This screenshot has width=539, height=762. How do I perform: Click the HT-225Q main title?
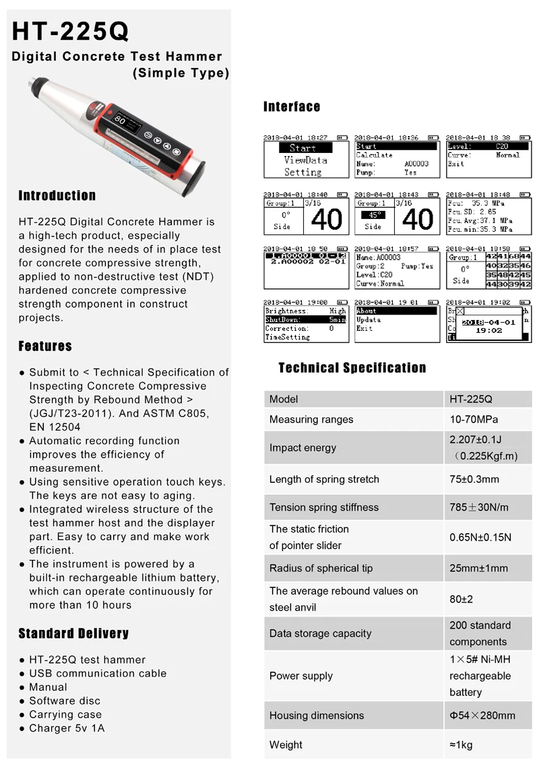coord(71,31)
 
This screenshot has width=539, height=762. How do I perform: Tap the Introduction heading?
coord(57,196)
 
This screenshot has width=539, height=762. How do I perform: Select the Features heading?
coord(45,346)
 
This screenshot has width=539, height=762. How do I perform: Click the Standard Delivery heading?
coord(73,633)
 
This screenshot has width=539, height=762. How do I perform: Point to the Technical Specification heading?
coord(352,368)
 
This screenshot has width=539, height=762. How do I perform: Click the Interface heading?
coord(292,106)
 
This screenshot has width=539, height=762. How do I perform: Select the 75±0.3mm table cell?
coord(474,480)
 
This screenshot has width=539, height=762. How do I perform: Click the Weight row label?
coord(286,745)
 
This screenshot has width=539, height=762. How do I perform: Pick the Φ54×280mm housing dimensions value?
coord(482,716)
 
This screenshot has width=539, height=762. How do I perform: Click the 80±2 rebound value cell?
coord(462,599)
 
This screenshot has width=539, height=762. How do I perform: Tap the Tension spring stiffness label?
coord(324,508)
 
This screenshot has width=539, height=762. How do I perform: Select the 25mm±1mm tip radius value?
coord(479,569)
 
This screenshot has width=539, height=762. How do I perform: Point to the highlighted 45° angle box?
coord(373,216)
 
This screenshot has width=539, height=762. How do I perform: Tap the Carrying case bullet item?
coord(65,714)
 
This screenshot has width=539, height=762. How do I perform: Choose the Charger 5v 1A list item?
coord(67,728)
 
